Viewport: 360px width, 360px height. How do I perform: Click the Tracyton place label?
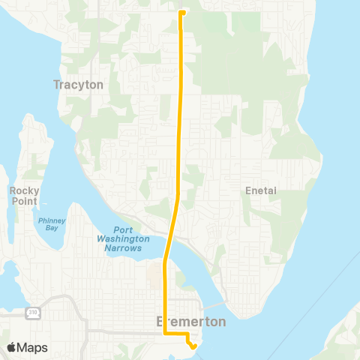pyautogui.click(x=78, y=85)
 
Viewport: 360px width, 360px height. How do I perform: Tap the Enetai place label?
pyautogui.click(x=261, y=191)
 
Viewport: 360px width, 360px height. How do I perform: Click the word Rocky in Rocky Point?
pyautogui.click(x=24, y=191)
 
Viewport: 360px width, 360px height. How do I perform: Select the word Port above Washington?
pyautogui.click(x=124, y=230)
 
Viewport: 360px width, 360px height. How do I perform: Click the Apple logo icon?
pyautogui.click(x=12, y=347)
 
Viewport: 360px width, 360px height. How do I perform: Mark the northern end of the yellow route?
pyautogui.click(x=182, y=12)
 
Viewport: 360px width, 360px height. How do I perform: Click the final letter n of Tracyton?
pyautogui.click(x=99, y=85)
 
